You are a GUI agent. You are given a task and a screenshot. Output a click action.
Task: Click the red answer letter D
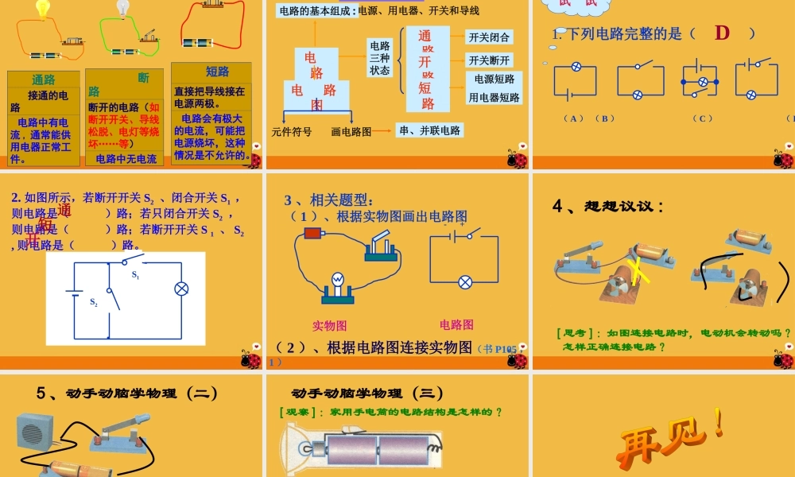(722, 33)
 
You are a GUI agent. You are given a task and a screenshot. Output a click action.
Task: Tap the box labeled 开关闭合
(489, 37)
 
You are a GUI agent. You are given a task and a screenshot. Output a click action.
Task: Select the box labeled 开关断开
(489, 60)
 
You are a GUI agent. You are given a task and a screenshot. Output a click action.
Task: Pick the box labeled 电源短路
(494, 79)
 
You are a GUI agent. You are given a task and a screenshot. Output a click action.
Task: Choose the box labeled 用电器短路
(494, 98)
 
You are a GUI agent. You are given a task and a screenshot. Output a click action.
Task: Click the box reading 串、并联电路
(430, 130)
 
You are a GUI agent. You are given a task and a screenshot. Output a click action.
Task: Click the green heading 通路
(44, 80)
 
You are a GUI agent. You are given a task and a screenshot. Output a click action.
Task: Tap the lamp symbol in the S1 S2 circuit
(180, 289)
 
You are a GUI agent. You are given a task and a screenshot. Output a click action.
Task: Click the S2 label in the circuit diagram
(94, 302)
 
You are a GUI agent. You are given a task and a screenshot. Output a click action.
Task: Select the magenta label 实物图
(329, 325)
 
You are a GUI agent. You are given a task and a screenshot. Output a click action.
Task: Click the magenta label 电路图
(456, 324)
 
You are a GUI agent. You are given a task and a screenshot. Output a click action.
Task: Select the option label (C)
(702, 118)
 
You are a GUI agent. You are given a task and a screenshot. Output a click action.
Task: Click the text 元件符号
(292, 131)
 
